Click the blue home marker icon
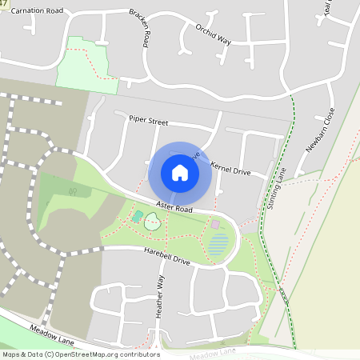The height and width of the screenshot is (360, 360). tap(180, 173)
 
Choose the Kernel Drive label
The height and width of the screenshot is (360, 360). tap(230, 169)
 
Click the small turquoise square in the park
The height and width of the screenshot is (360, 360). tap(138, 216)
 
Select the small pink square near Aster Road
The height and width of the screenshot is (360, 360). tap(214, 225)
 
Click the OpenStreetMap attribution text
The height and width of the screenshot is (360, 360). tap(80, 354)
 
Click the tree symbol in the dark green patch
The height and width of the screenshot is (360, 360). tap(73, 191)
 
